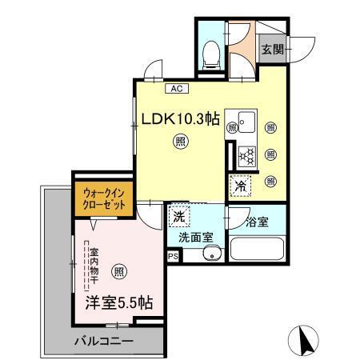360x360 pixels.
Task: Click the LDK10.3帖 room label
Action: point(181,118)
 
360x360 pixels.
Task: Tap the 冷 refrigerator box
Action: point(241,185)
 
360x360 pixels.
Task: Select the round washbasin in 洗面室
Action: point(211,254)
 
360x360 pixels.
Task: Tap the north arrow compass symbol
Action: point(304,340)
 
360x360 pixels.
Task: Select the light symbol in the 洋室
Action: point(119,270)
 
